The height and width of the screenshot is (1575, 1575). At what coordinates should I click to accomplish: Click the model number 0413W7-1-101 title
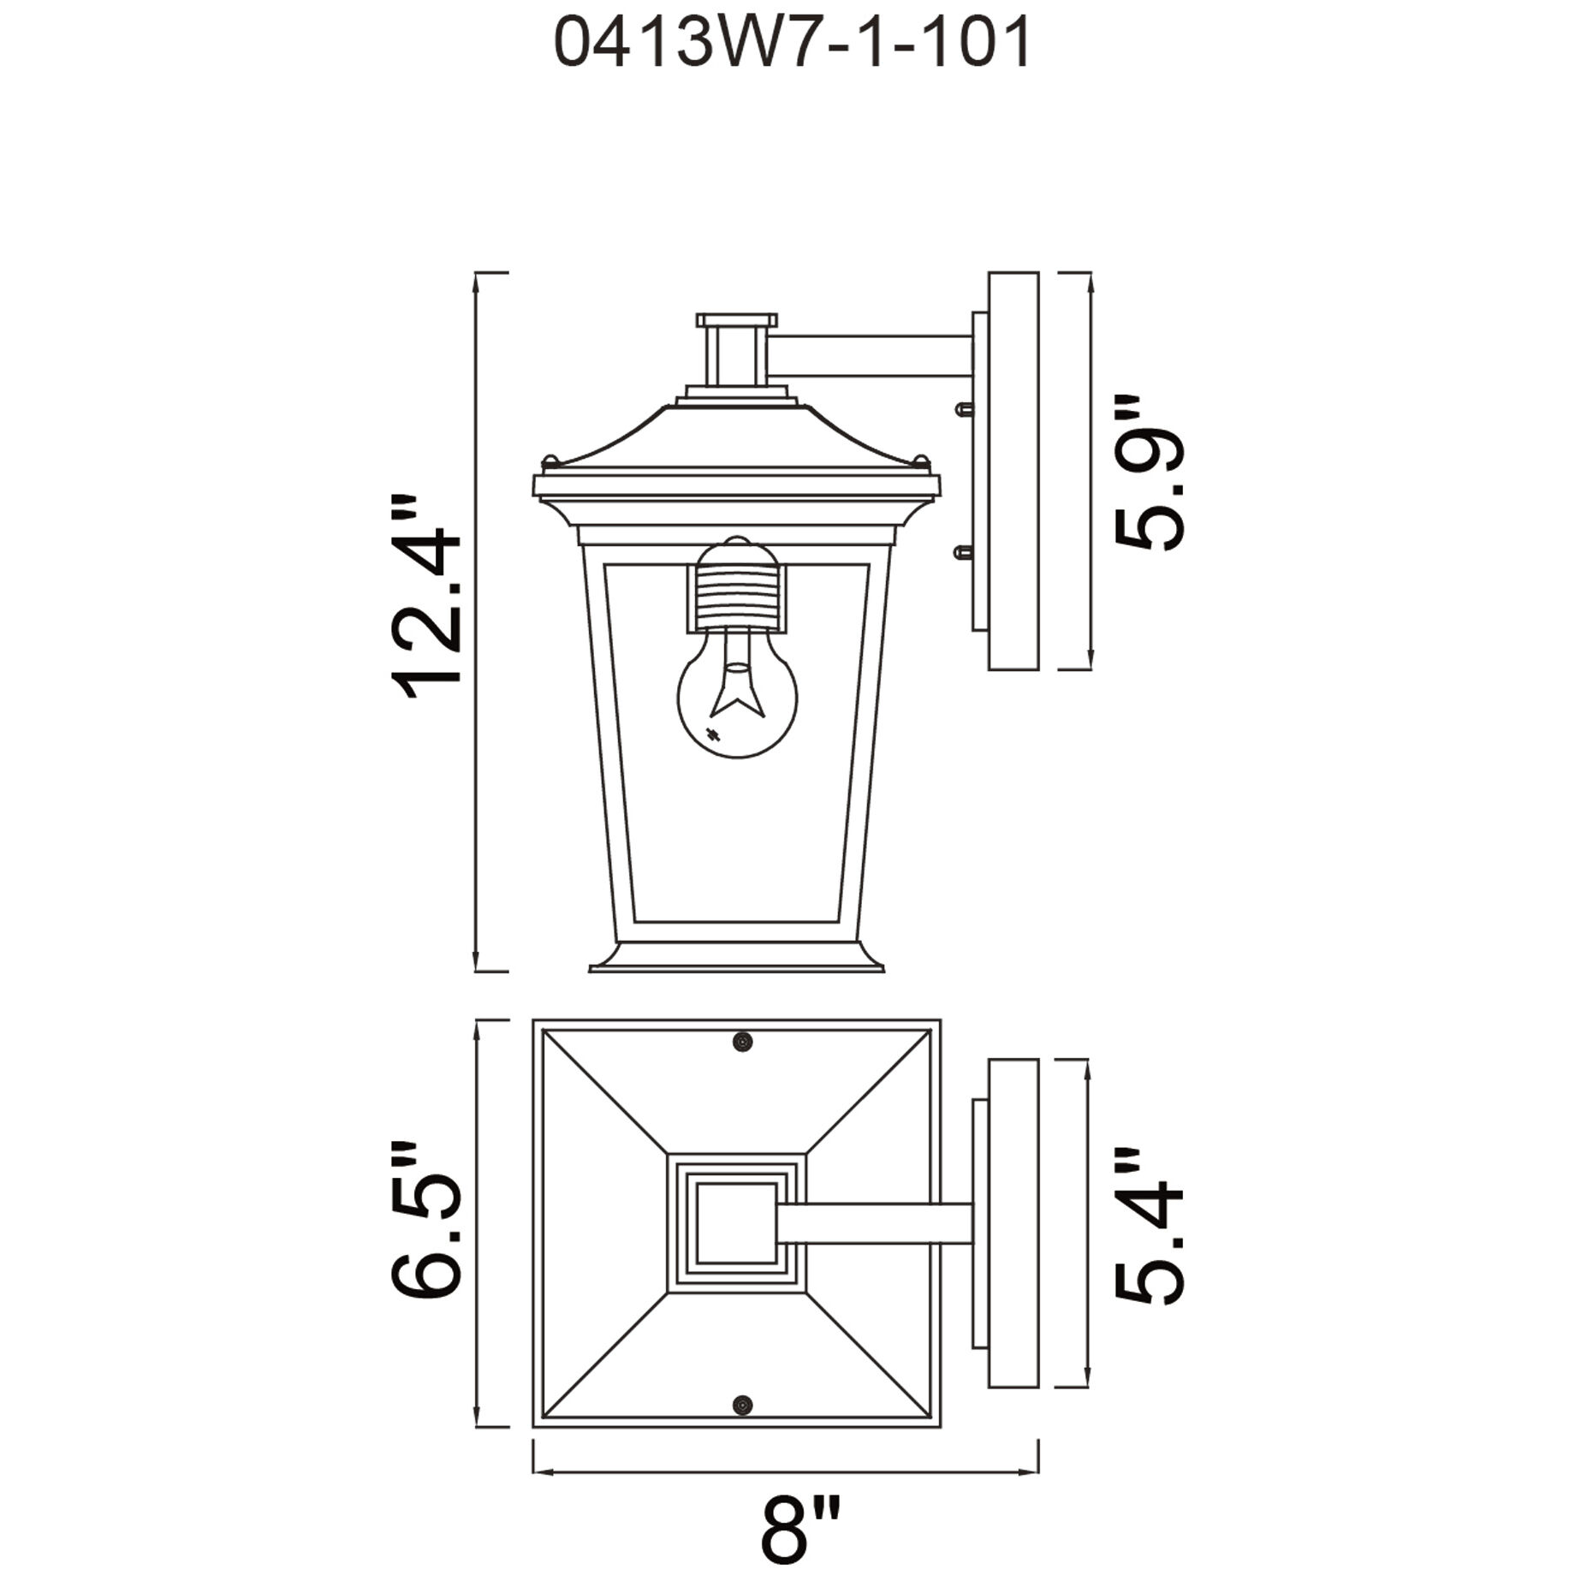pos(793,45)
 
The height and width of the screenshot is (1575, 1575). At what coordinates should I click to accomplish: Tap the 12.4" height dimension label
pos(426,597)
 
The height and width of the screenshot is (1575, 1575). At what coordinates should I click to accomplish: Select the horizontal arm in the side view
pos(869,356)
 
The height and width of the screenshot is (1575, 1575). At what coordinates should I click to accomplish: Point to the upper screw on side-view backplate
pos(963,409)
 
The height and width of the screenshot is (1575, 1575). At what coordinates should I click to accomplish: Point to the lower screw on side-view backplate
pos(963,553)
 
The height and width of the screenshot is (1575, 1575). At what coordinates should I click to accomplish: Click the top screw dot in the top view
pos(742,1042)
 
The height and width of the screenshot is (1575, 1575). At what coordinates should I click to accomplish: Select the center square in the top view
pos(734,1223)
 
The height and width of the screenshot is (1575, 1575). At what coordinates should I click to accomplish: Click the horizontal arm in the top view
pos(873,1223)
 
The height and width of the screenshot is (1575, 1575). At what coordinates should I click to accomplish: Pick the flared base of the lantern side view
pos(737,958)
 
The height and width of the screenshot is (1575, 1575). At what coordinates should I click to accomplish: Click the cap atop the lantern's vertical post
pos(737,320)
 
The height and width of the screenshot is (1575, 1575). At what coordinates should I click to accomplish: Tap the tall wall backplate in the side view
pos(1013,471)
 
